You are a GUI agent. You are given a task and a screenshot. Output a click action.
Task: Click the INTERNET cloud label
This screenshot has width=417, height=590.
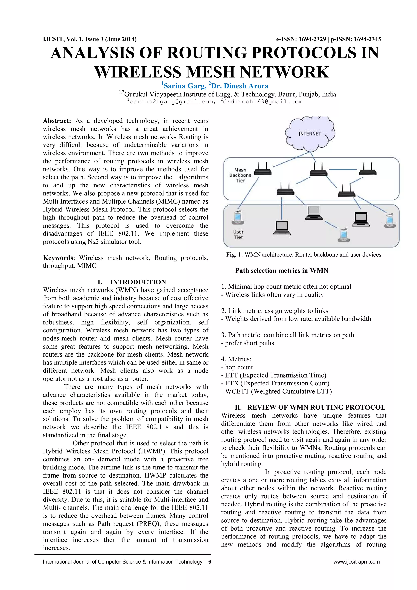tap(310, 134)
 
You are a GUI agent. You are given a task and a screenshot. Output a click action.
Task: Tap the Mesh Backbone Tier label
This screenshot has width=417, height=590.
tap(240, 175)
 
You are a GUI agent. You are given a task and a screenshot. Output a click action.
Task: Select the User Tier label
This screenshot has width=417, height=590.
tap(238, 234)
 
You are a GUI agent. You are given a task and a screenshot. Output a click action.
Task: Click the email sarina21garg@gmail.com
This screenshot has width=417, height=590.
tap(171, 102)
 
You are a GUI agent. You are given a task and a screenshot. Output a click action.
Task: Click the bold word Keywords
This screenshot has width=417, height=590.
tap(58, 258)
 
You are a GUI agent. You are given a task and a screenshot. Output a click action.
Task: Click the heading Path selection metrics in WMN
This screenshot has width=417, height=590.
tap(282, 271)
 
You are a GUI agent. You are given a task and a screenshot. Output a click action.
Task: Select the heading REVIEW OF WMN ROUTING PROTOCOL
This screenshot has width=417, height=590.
tap(316, 407)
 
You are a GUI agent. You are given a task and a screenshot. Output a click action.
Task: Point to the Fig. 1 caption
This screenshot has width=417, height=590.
tap(304, 255)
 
